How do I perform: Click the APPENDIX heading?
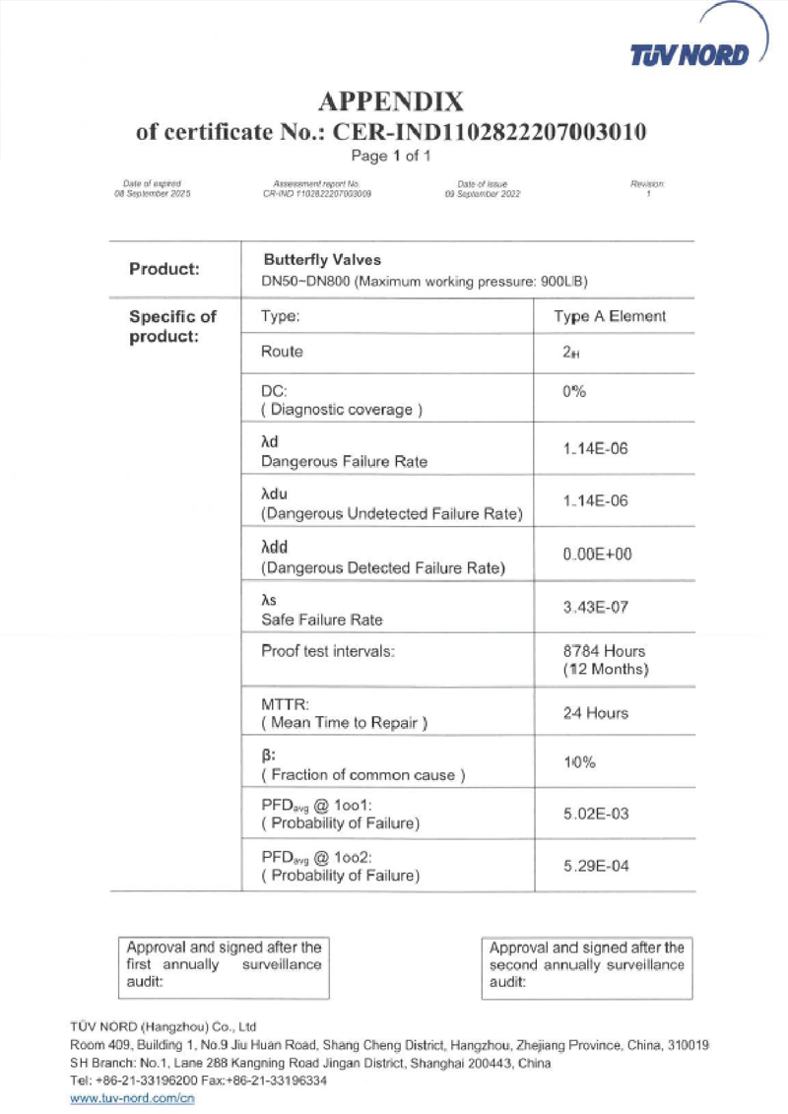click(391, 102)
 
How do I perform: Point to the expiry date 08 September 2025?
click(153, 194)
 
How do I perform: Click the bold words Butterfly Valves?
click(315, 260)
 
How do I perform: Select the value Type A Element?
click(610, 317)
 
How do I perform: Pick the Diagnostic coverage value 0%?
click(574, 391)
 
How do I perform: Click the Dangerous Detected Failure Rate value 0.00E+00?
click(597, 555)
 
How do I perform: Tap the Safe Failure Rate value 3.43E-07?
click(595, 607)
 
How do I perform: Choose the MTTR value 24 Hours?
click(595, 713)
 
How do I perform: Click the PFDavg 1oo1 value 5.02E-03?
click(595, 815)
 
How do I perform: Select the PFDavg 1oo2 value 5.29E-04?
click(595, 866)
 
